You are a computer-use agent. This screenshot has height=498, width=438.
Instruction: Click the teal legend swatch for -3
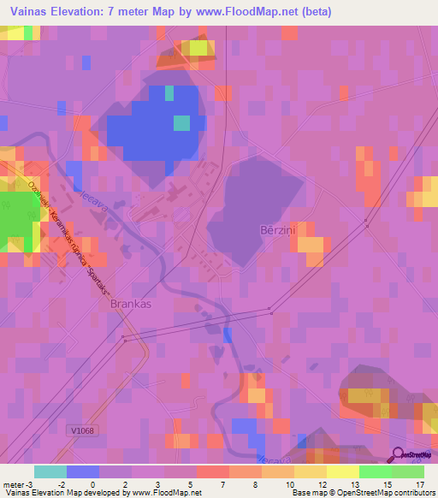point(50,471)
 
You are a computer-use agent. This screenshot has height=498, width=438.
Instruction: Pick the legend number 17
point(419,484)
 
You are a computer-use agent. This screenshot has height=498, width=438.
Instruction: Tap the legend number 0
point(92,484)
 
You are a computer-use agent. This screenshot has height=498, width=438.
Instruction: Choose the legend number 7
point(223,484)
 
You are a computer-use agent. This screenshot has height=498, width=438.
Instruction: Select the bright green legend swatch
point(375,471)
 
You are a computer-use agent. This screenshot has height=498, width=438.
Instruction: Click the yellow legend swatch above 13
point(342,471)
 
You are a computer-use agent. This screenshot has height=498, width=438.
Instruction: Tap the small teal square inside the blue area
point(181,123)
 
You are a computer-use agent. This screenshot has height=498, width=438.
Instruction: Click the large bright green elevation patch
point(15,217)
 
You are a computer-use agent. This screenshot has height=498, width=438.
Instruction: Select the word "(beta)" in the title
point(314,12)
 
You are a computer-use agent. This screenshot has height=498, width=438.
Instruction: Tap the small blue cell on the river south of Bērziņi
point(227,335)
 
